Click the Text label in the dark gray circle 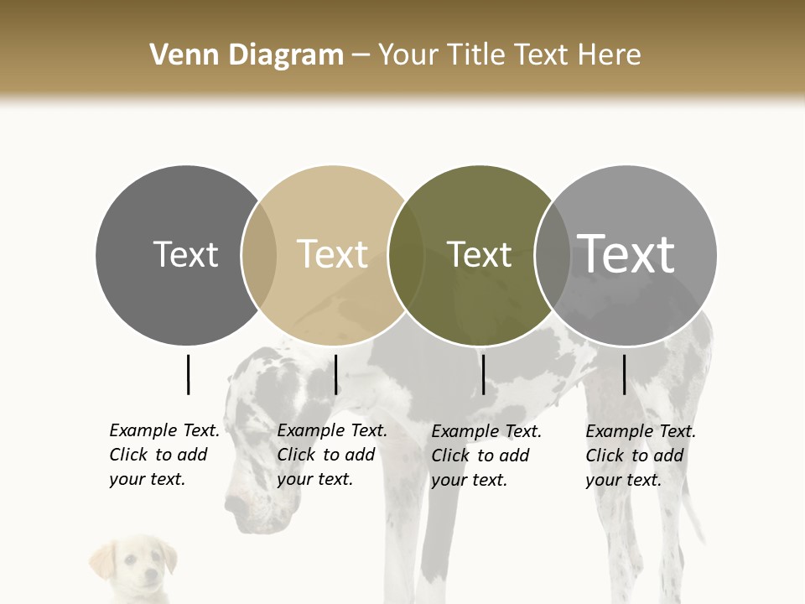point(185,254)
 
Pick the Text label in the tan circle point(332,254)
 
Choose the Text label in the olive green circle point(479,254)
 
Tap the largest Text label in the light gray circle point(626,254)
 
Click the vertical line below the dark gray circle point(189,374)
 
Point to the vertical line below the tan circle point(335,374)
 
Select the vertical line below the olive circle point(483,374)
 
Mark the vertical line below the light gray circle point(624,374)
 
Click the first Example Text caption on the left point(164,455)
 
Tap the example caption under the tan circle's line point(331,455)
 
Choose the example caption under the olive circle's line point(486,456)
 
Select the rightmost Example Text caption point(640,456)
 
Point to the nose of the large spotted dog point(235,507)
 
